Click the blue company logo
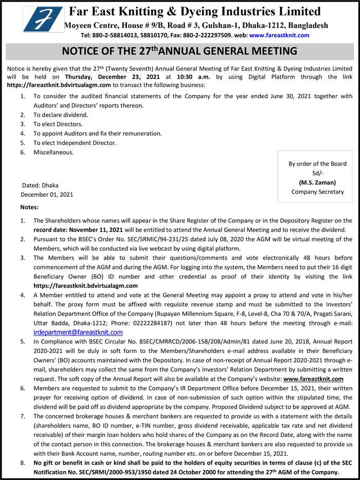[x=43, y=20]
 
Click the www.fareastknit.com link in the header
[x=279, y=35]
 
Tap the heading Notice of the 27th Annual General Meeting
[x=179, y=51]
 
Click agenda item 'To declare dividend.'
[x=61, y=115]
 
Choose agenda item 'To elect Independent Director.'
[x=75, y=142]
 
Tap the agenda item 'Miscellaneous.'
[x=53, y=152]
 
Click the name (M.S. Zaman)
[x=317, y=182]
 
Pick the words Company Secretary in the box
[x=317, y=192]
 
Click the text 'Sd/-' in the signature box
[x=317, y=173]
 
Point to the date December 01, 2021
[x=47, y=194]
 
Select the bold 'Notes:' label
[x=29, y=207]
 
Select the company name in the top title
[x=195, y=11]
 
